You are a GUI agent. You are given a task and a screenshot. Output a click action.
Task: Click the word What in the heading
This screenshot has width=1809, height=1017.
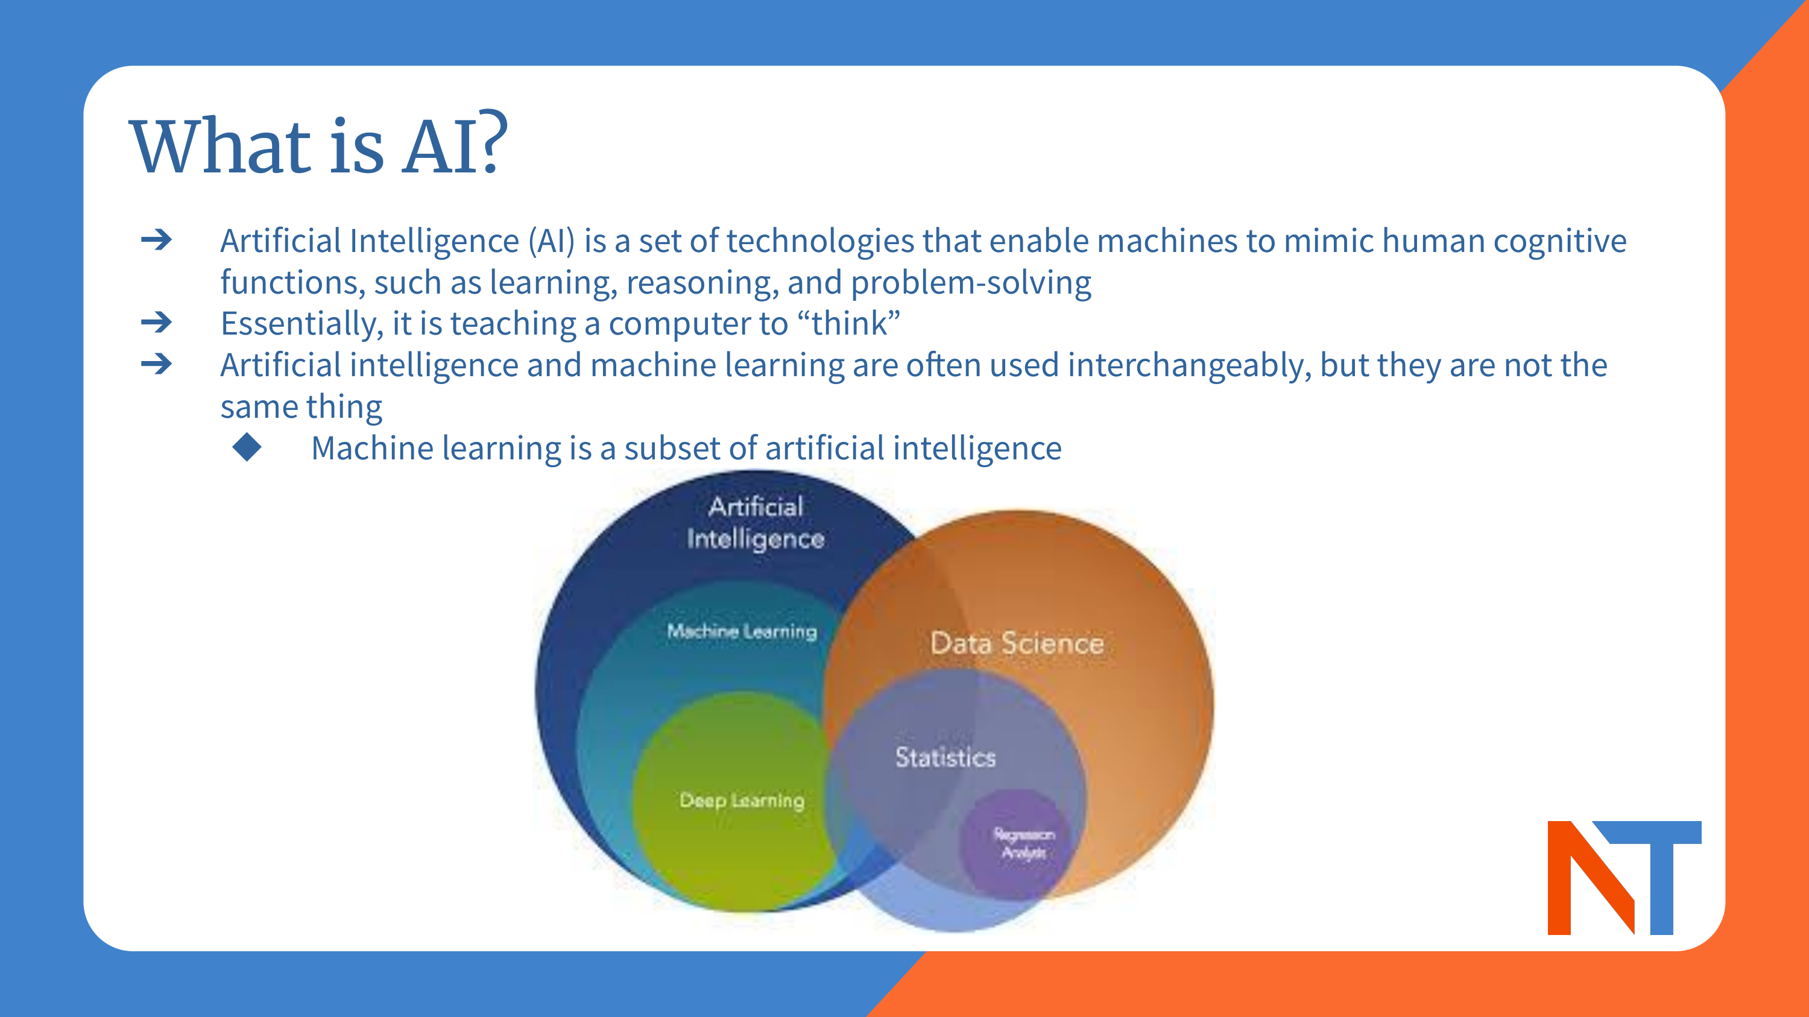[x=221, y=147]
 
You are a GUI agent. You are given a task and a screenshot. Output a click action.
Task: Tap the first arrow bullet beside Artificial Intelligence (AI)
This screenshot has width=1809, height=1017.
[x=157, y=240]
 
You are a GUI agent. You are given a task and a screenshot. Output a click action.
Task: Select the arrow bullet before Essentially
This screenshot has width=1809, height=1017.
[x=157, y=323]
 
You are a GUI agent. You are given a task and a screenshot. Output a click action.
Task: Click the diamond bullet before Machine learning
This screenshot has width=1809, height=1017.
[x=247, y=447]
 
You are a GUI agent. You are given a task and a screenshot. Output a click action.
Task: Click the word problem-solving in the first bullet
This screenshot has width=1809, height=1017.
[x=970, y=283]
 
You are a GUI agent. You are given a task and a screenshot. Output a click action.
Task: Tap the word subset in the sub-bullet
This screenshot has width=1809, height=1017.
[x=672, y=449]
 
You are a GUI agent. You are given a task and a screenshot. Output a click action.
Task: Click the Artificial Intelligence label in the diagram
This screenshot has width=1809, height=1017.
[x=756, y=522]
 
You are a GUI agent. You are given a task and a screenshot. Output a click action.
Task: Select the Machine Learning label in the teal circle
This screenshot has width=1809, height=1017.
[x=742, y=631]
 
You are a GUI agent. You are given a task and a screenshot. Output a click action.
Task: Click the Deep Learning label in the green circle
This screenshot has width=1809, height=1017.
[x=742, y=800]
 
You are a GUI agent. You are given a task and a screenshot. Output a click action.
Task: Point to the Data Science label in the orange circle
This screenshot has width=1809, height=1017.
[x=1017, y=643]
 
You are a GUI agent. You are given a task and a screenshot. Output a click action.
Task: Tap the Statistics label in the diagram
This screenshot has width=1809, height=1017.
[x=946, y=757]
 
